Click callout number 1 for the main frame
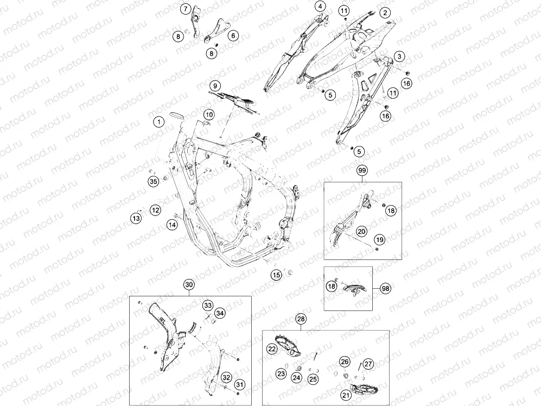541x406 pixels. pos(159,122)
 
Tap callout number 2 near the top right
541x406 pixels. pos(385,13)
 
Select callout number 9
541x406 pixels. pos(215,86)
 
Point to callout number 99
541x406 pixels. pos(362,170)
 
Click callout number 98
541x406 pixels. pos(385,288)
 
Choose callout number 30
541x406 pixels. pos(189,284)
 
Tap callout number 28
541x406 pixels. pos(301,319)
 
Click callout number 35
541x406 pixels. pos(154,181)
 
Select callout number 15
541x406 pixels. pos(276,275)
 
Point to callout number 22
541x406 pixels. pos(272,349)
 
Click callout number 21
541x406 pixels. pos(346,395)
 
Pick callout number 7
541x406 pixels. pos(186,9)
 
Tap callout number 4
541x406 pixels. pos(320,6)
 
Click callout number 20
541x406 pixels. pos(361,231)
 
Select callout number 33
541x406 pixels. pos(208,305)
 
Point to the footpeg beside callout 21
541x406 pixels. pos(364,389)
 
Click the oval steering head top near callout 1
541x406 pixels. pos(177,115)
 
